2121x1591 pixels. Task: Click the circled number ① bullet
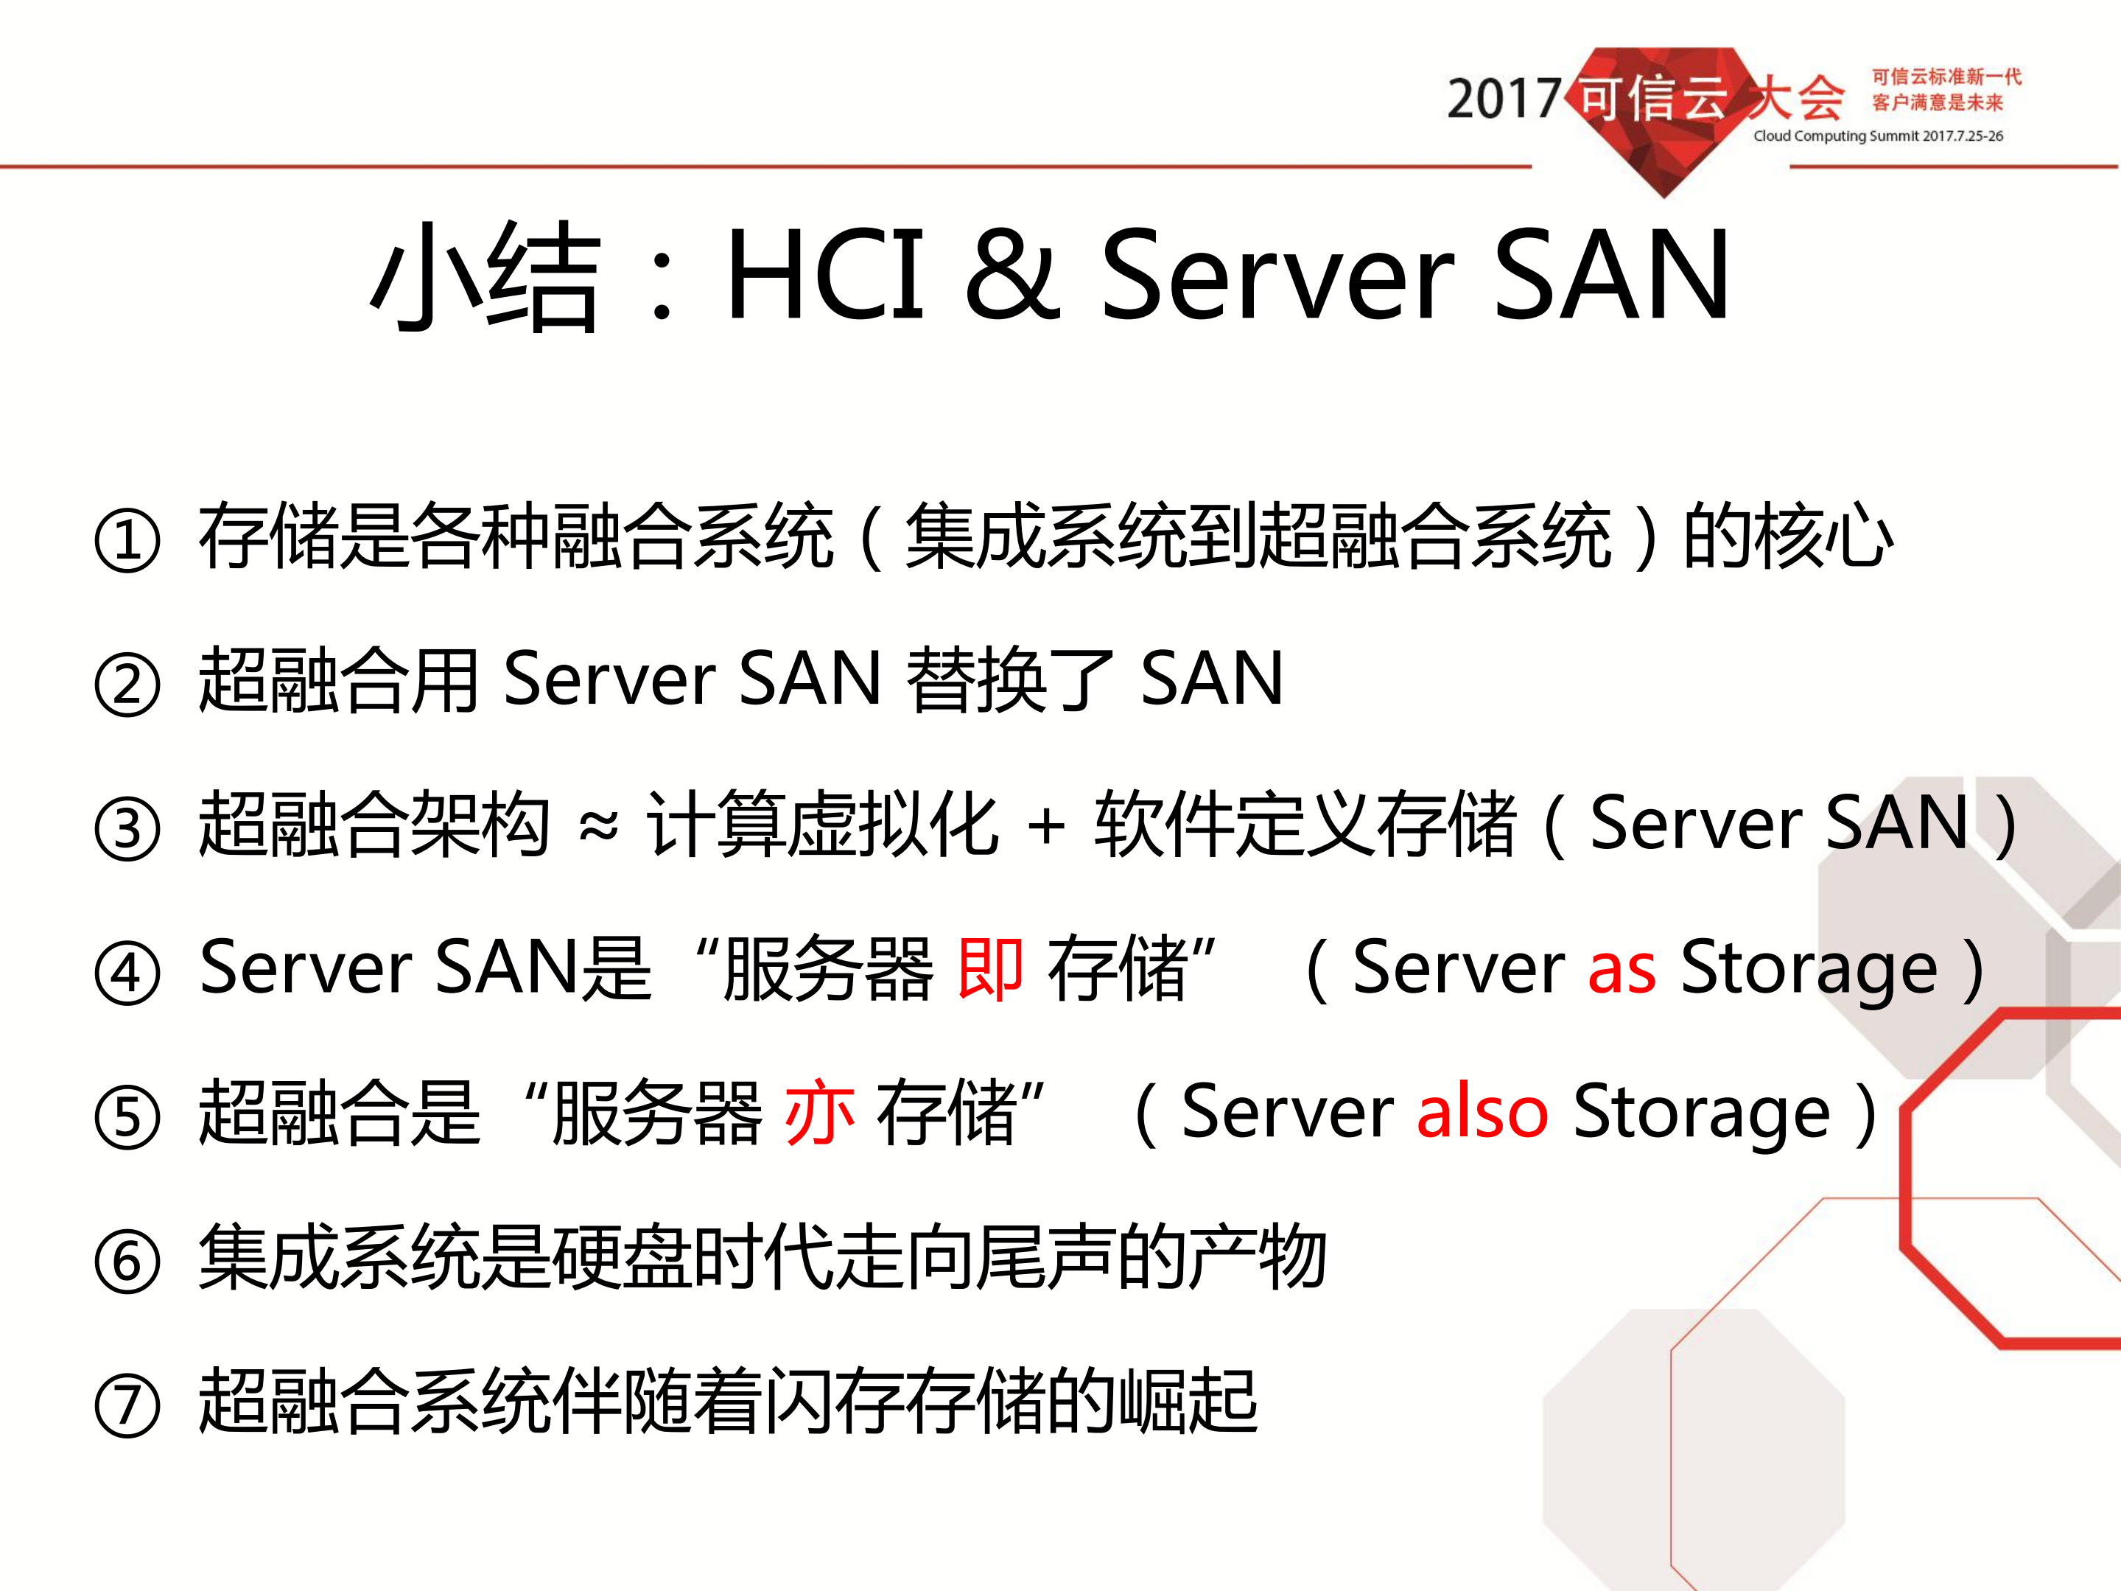(x=127, y=540)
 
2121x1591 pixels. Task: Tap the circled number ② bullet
(x=127, y=684)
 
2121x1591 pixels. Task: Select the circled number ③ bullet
(x=127, y=828)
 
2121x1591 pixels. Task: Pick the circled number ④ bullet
(x=127, y=973)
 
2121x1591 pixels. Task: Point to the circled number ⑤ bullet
(x=127, y=1116)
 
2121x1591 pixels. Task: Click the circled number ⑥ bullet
(x=127, y=1261)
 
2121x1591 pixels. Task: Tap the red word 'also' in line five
(x=1482, y=1113)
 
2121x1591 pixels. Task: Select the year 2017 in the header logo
(x=1503, y=99)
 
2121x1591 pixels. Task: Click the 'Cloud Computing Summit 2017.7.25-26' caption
(x=1877, y=136)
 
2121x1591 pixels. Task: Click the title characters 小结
(x=486, y=276)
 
